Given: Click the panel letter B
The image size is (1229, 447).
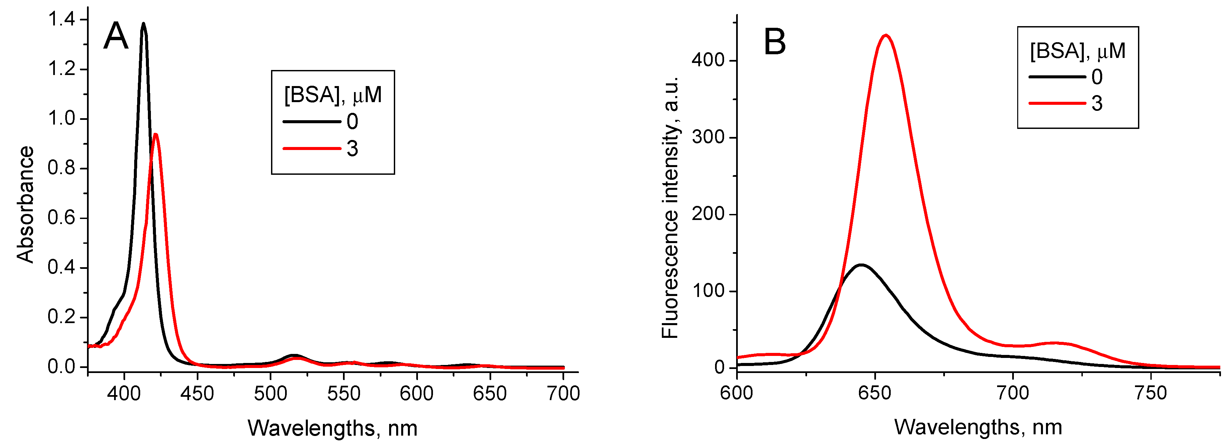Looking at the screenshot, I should [775, 42].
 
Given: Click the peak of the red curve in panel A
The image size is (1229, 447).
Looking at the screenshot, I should [156, 134].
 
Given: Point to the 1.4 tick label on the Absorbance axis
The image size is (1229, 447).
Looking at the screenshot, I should [62, 19].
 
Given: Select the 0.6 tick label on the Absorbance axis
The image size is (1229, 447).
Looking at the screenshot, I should [62, 218].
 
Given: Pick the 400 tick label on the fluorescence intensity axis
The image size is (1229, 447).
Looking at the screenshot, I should [708, 61].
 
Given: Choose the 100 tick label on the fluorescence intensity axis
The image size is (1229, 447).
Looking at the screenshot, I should [708, 291].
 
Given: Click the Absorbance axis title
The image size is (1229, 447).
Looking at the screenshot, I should [26, 204].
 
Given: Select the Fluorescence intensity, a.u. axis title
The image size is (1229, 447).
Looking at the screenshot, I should [670, 207].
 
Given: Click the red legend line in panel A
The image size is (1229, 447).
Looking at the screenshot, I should [312, 149].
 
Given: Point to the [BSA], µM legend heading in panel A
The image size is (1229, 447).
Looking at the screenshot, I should [333, 95].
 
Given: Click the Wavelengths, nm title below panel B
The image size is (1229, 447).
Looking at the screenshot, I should [978, 428].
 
